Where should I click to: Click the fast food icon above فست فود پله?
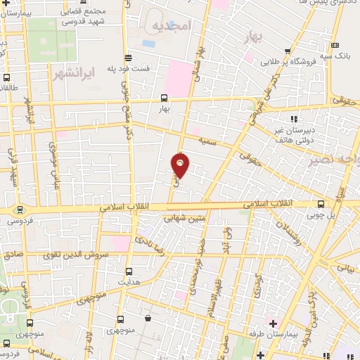(x=127, y=58)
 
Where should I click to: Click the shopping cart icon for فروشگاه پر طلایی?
(x=288, y=51)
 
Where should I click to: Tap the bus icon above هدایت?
(x=128, y=270)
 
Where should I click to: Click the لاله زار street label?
(x=89, y=345)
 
